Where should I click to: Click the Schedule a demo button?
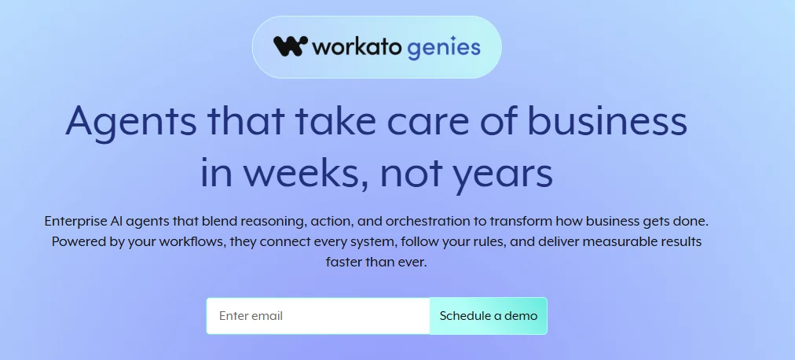[x=488, y=316]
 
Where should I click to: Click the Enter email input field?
[x=317, y=316]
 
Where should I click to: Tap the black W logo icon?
[x=290, y=46]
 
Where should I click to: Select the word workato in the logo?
[x=357, y=47]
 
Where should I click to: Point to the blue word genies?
[x=444, y=48]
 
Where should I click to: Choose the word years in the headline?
[x=503, y=174]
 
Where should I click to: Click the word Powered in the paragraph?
[x=79, y=241]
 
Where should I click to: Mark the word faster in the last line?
[x=343, y=262]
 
